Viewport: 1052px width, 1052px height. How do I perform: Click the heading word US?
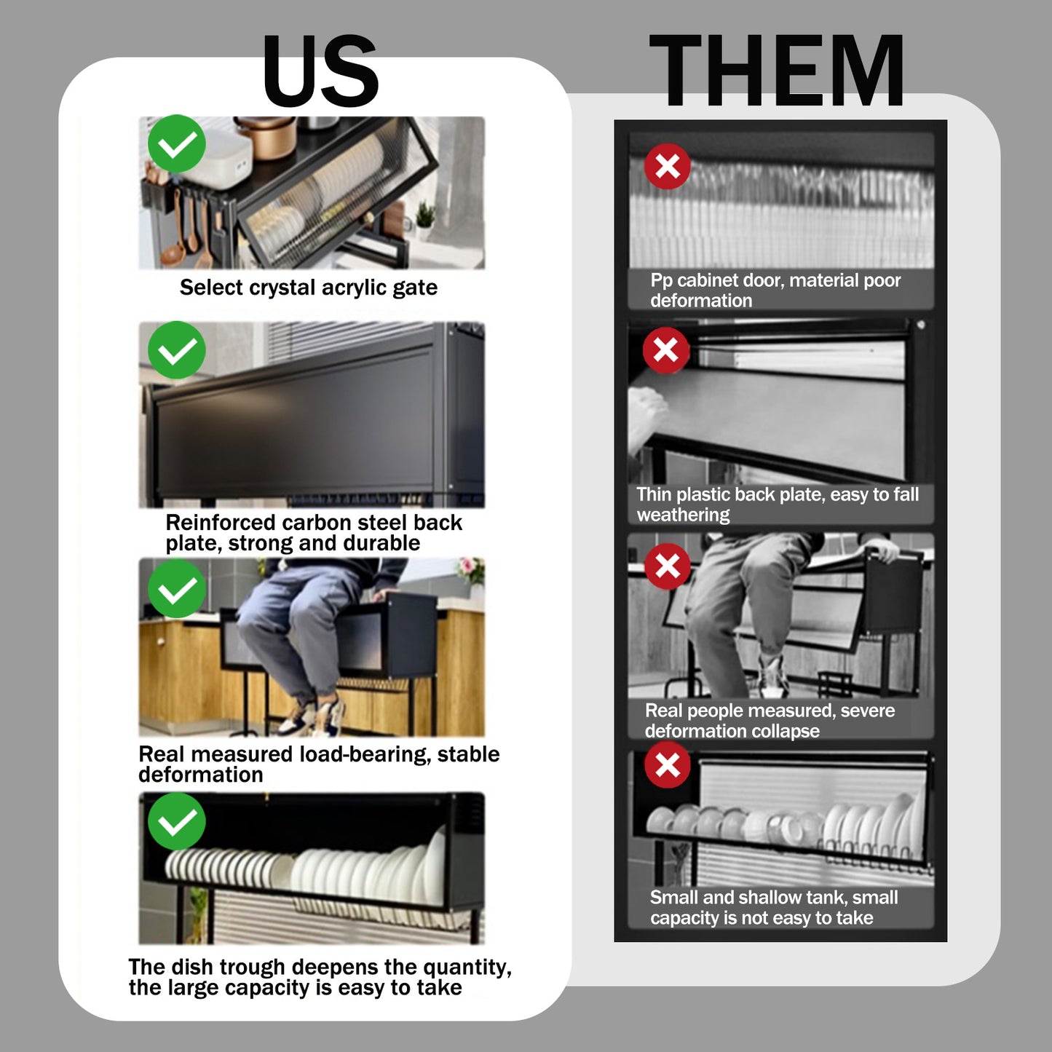[321, 71]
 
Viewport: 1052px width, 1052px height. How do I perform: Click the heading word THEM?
[777, 70]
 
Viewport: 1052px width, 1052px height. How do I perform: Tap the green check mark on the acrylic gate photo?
[176, 143]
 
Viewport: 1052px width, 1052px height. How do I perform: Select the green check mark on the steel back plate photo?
[176, 350]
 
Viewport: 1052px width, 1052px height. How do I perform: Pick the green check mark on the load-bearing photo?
[176, 588]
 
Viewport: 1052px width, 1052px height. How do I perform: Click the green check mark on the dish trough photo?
[176, 822]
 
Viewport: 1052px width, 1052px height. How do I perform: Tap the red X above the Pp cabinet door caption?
[667, 167]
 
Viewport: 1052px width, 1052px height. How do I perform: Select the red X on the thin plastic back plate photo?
[665, 350]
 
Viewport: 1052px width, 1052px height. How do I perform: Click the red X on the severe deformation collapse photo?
[667, 566]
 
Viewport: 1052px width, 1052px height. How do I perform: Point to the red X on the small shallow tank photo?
[667, 764]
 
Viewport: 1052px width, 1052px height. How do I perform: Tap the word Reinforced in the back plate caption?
[221, 523]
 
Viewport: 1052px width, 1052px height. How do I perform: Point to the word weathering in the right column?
[683, 515]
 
